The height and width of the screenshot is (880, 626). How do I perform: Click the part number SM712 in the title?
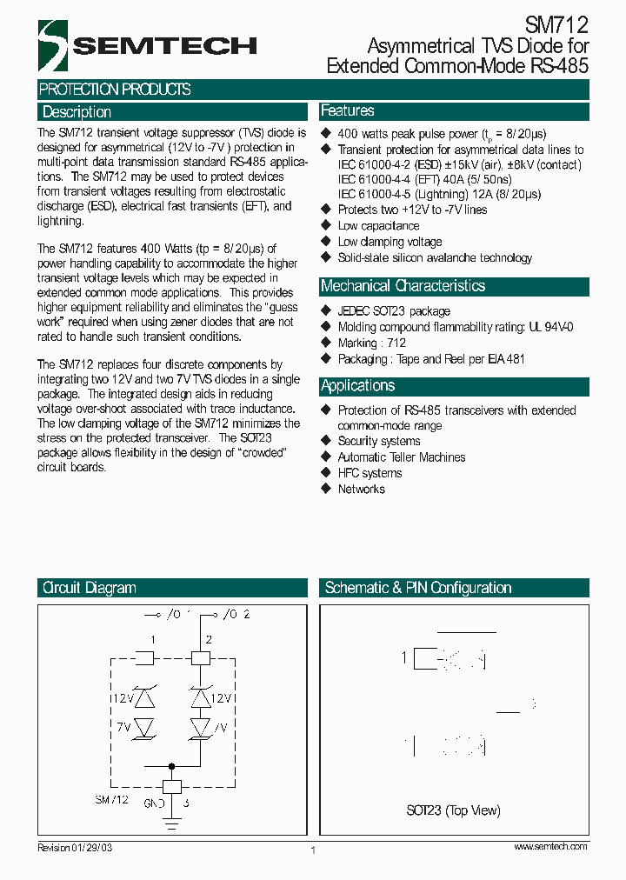click(x=556, y=26)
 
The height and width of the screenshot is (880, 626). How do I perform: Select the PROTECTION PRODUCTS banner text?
click(x=115, y=90)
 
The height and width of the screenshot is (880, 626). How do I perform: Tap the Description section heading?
click(x=77, y=112)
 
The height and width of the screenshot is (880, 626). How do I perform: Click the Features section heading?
click(x=348, y=111)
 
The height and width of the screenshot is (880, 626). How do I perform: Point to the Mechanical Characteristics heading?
click(x=403, y=286)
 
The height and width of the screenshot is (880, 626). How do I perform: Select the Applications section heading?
click(x=357, y=386)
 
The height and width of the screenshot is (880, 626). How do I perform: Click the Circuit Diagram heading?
click(x=90, y=589)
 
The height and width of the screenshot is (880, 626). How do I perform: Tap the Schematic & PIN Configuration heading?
click(x=417, y=589)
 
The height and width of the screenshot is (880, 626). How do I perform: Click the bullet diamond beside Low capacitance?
click(x=327, y=226)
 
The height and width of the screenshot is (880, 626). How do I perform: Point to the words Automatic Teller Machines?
click(x=401, y=457)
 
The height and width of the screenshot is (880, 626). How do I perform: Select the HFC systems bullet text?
click(x=370, y=473)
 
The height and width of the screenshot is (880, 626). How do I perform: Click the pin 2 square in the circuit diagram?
click(x=201, y=658)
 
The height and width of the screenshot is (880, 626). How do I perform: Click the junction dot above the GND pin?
click(x=171, y=766)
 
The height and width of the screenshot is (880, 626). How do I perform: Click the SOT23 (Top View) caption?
click(x=453, y=810)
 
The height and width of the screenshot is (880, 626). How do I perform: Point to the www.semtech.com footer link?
click(x=550, y=847)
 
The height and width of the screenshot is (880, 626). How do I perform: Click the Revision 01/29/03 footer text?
click(x=76, y=848)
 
